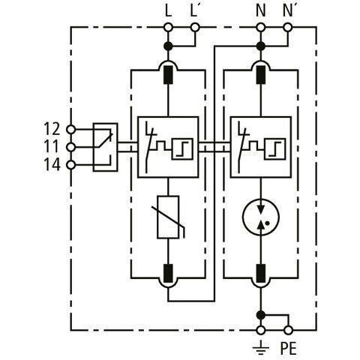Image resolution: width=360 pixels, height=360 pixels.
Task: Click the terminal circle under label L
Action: click(x=168, y=27)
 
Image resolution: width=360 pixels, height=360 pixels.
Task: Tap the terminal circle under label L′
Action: click(x=195, y=27)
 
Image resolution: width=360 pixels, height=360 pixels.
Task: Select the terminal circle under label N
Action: click(x=261, y=27)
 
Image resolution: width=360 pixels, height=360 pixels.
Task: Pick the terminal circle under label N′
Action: click(x=288, y=27)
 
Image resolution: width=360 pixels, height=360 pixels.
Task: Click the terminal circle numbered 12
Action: click(x=71, y=130)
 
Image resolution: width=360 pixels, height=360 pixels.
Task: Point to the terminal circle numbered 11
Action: click(x=71, y=147)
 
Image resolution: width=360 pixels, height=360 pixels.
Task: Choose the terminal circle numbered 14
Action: click(x=71, y=165)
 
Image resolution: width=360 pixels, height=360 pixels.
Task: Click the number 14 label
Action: click(x=52, y=164)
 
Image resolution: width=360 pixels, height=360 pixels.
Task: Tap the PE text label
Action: click(x=288, y=348)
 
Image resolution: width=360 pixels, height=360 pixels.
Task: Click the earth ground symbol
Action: click(x=261, y=348)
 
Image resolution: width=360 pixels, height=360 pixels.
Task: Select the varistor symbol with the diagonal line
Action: click(x=168, y=217)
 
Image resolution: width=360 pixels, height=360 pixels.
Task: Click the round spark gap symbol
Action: click(x=261, y=217)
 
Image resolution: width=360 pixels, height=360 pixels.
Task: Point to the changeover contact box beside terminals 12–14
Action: click(x=105, y=147)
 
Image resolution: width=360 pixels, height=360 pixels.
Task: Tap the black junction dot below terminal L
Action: click(x=168, y=46)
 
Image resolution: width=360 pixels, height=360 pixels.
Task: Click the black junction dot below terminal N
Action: click(x=261, y=46)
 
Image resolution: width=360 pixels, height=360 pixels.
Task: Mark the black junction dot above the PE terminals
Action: click(x=261, y=315)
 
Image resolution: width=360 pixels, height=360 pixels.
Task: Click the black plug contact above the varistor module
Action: click(x=168, y=75)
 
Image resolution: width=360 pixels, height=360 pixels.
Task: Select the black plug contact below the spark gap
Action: click(x=261, y=273)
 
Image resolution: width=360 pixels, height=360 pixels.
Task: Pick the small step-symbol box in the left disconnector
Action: click(x=182, y=148)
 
